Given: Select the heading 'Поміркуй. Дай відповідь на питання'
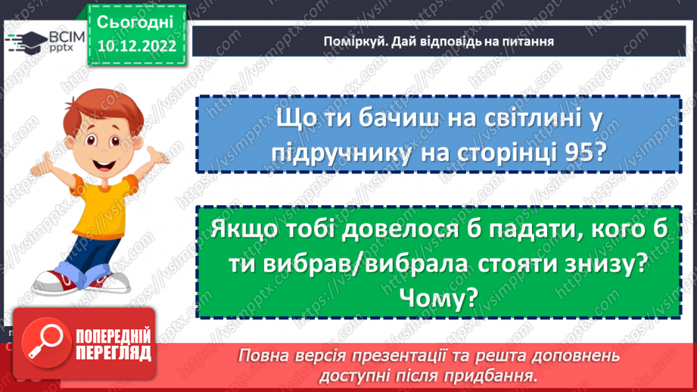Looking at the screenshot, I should click(x=434, y=41).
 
